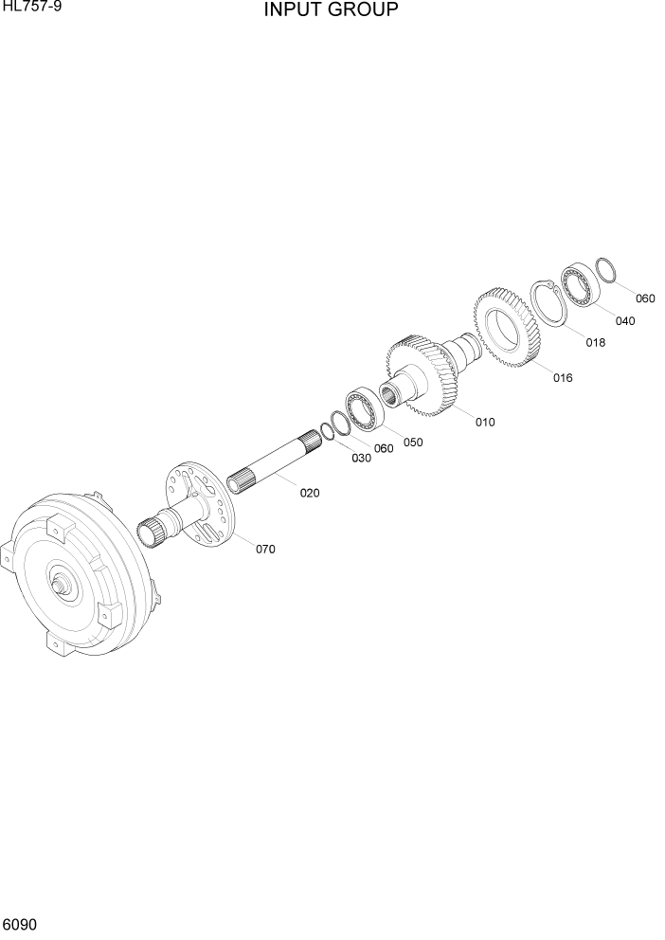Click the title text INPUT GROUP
331,10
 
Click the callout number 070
265,550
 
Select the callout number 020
310,493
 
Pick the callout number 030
361,459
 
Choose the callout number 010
485,423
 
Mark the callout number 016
563,378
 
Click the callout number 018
595,343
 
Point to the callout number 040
624,321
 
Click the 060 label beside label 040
645,298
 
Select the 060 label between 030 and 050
383,449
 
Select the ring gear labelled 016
506,326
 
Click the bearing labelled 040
577,283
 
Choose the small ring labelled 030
326,432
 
